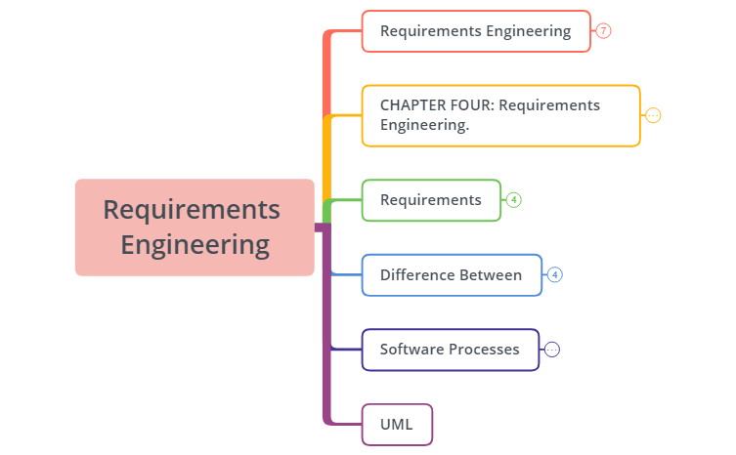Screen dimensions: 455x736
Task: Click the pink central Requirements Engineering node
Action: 195,227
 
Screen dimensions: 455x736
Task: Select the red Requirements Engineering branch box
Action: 476,31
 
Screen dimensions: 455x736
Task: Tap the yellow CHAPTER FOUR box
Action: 500,115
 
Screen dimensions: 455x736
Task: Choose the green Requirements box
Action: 431,200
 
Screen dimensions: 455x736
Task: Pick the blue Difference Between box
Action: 452,274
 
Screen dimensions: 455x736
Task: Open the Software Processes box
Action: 451,350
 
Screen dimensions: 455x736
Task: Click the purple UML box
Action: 397,425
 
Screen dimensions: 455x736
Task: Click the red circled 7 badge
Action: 604,31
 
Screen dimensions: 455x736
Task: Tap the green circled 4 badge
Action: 514,200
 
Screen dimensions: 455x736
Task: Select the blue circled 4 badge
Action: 555,274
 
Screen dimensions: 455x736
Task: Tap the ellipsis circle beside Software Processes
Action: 552,350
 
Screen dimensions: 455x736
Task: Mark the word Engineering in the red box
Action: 529,31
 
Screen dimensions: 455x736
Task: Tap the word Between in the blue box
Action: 491,274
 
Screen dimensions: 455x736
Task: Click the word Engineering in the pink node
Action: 195,244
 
